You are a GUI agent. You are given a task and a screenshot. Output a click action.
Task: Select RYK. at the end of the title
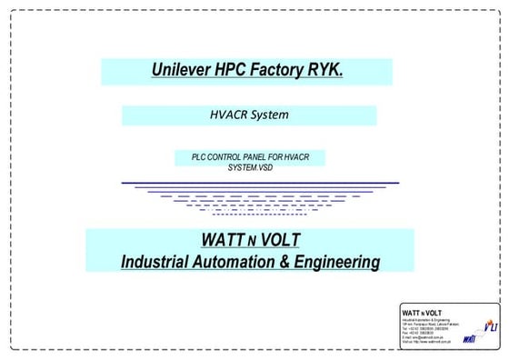[326, 70]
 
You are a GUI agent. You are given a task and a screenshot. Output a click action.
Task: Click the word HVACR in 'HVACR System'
[228, 115]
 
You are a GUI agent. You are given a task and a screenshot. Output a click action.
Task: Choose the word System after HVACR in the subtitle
[269, 115]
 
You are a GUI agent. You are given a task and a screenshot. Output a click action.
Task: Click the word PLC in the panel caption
[198, 157]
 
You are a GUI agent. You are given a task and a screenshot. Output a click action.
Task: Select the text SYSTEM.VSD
[249, 166]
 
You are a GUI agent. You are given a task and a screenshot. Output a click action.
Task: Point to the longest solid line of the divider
[260, 184]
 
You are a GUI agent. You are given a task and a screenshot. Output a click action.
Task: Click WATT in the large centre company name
[224, 240]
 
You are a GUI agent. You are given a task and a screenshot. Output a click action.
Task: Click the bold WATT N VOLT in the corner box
[423, 315]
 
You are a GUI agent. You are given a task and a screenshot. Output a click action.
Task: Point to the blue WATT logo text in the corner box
[469, 340]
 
